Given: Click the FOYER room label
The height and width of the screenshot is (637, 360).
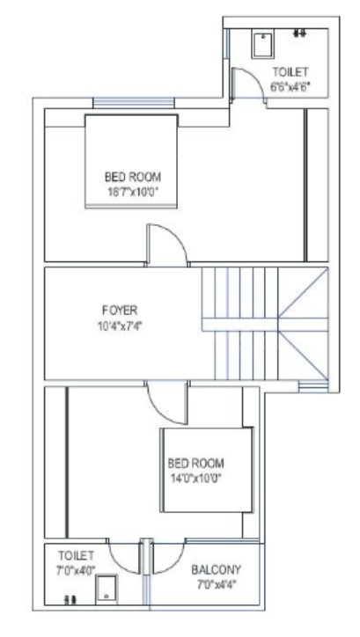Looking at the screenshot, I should tap(120, 310).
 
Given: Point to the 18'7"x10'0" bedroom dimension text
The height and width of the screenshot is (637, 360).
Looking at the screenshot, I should tap(132, 188).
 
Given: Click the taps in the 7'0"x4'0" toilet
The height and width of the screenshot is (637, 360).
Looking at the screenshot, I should tap(71, 600).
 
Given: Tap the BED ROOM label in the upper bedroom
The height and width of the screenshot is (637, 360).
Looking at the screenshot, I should tap(132, 175).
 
